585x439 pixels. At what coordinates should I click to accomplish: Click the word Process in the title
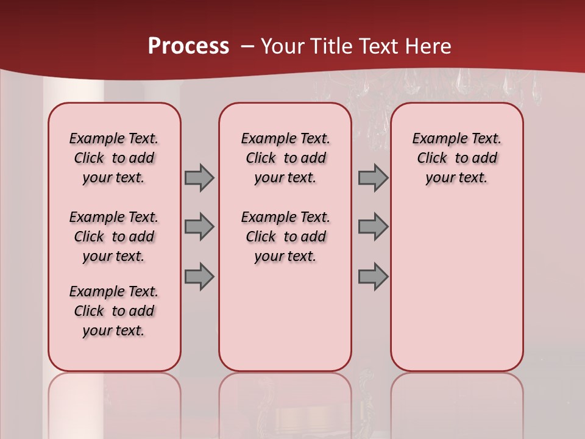pyautogui.click(x=188, y=46)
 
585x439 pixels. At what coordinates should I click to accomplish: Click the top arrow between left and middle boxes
pyautogui.click(x=199, y=178)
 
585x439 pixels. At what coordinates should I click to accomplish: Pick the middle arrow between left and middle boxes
pyautogui.click(x=199, y=227)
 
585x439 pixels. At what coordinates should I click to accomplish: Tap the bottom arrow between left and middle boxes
pyautogui.click(x=199, y=276)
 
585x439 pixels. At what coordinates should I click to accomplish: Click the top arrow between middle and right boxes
pyautogui.click(x=373, y=178)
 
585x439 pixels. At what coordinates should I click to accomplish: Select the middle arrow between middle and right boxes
pyautogui.click(x=373, y=227)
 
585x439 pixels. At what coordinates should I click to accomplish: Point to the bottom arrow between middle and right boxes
pyautogui.click(x=373, y=276)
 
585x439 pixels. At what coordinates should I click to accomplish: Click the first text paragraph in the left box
pyautogui.click(x=114, y=158)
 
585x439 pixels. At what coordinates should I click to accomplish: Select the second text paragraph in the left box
pyautogui.click(x=114, y=237)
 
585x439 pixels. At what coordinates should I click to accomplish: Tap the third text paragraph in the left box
pyautogui.click(x=114, y=311)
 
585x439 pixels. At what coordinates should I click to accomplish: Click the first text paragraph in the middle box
pyautogui.click(x=285, y=158)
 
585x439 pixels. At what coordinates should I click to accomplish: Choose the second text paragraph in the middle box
pyautogui.click(x=285, y=237)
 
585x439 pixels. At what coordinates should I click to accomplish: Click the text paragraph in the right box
pyautogui.click(x=456, y=158)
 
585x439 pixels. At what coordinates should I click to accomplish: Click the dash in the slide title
pyautogui.click(x=247, y=46)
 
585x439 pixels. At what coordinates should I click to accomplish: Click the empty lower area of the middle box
pyautogui.click(x=285, y=317)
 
